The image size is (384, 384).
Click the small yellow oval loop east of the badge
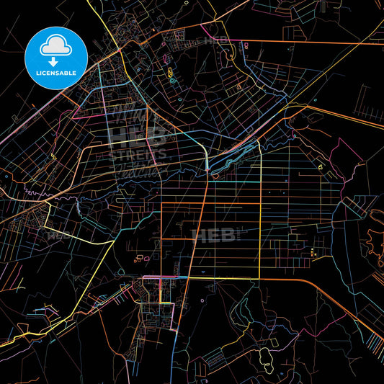click(x=169, y=73)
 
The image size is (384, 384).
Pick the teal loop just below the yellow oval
click(x=173, y=81)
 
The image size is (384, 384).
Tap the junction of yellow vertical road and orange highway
click(x=259, y=278)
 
